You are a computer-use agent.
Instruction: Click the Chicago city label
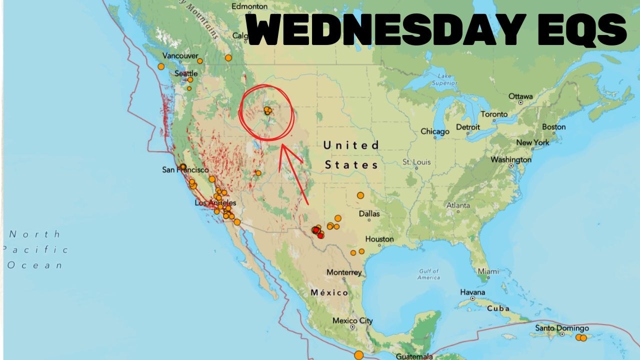(x=434, y=131)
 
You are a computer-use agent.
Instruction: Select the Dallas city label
(x=369, y=213)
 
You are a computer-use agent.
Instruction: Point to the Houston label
(x=379, y=239)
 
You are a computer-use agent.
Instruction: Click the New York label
(x=533, y=142)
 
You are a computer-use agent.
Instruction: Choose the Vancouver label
(x=180, y=56)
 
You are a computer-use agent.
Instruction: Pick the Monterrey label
(x=344, y=272)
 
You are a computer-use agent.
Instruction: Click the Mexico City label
(x=352, y=320)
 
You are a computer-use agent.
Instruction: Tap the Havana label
(x=472, y=292)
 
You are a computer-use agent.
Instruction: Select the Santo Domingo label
(x=561, y=328)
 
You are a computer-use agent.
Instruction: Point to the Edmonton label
(x=250, y=6)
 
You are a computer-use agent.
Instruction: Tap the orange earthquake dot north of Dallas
(x=360, y=195)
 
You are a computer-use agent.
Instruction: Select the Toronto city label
(x=494, y=114)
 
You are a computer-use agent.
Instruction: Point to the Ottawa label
(x=520, y=96)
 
